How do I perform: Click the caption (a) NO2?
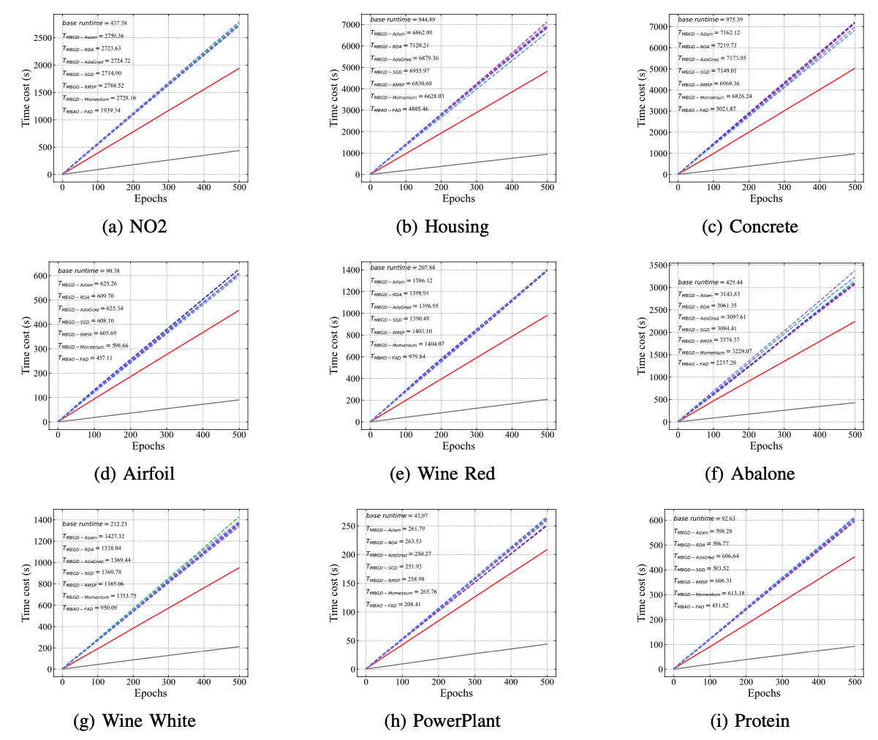(135, 227)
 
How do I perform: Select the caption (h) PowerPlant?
(442, 721)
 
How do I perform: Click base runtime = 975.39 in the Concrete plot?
(708, 20)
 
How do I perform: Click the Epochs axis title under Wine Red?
(458, 446)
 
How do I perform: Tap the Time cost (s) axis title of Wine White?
(26, 592)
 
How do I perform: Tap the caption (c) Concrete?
(749, 227)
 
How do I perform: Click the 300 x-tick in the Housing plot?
(477, 187)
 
